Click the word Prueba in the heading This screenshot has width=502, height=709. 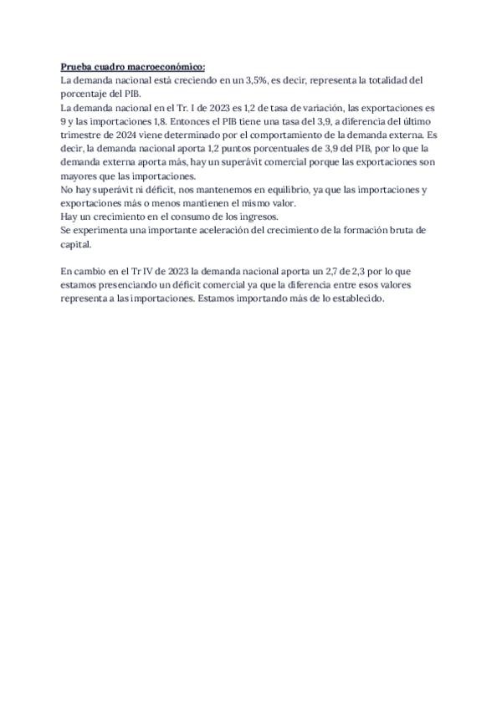[76, 68]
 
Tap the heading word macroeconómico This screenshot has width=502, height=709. [166, 68]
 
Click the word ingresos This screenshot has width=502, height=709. [254, 217]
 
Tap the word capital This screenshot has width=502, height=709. [77, 244]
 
